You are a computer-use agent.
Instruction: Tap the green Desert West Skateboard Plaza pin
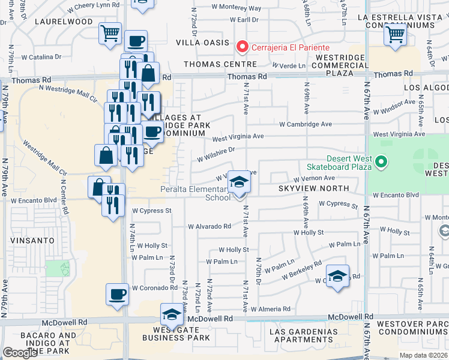(x=379, y=161)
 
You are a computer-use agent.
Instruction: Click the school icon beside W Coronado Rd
(x=338, y=276)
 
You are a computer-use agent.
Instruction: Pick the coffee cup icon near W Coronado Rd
(x=117, y=295)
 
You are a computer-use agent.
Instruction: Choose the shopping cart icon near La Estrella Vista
(x=395, y=35)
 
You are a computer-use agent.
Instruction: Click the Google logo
(x=20, y=352)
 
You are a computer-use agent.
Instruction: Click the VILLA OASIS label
(x=202, y=43)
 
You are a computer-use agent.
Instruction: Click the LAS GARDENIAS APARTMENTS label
(x=303, y=336)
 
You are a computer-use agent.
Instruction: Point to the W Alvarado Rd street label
(x=209, y=226)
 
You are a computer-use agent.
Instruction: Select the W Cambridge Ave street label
(x=306, y=124)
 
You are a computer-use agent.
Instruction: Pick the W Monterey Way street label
(x=237, y=8)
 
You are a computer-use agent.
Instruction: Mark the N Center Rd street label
(x=62, y=193)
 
